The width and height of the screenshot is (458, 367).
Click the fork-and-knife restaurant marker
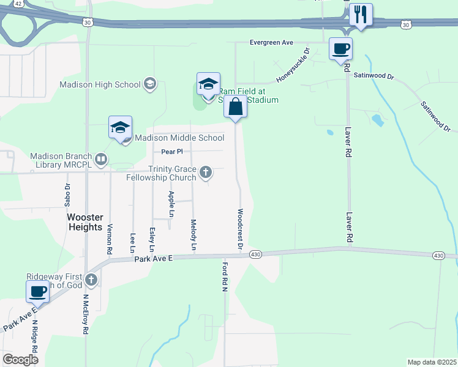(x=361, y=15)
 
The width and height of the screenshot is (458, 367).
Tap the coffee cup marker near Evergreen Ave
(x=340, y=48)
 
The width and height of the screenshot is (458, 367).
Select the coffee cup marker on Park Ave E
(x=38, y=292)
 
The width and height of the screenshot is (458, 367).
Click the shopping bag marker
(x=235, y=107)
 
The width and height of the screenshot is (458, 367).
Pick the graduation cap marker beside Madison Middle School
(x=120, y=127)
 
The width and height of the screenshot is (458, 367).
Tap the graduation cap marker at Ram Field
(x=208, y=84)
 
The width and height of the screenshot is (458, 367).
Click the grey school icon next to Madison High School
(x=149, y=84)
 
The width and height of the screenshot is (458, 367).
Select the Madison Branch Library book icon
(x=101, y=160)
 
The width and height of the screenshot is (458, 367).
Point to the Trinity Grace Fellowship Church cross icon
(x=206, y=172)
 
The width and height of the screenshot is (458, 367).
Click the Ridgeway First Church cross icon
(x=91, y=280)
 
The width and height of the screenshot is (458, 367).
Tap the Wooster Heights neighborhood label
(x=85, y=222)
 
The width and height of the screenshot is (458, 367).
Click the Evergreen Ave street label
(x=271, y=43)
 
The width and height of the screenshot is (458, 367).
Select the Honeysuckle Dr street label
(x=293, y=66)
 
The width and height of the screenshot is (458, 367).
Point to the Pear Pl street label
(x=172, y=151)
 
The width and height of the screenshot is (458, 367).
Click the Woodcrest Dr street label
(x=241, y=228)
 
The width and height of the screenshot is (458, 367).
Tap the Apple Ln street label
(x=171, y=204)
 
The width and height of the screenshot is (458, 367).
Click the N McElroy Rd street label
(x=86, y=313)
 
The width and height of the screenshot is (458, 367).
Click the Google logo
(x=20, y=359)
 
